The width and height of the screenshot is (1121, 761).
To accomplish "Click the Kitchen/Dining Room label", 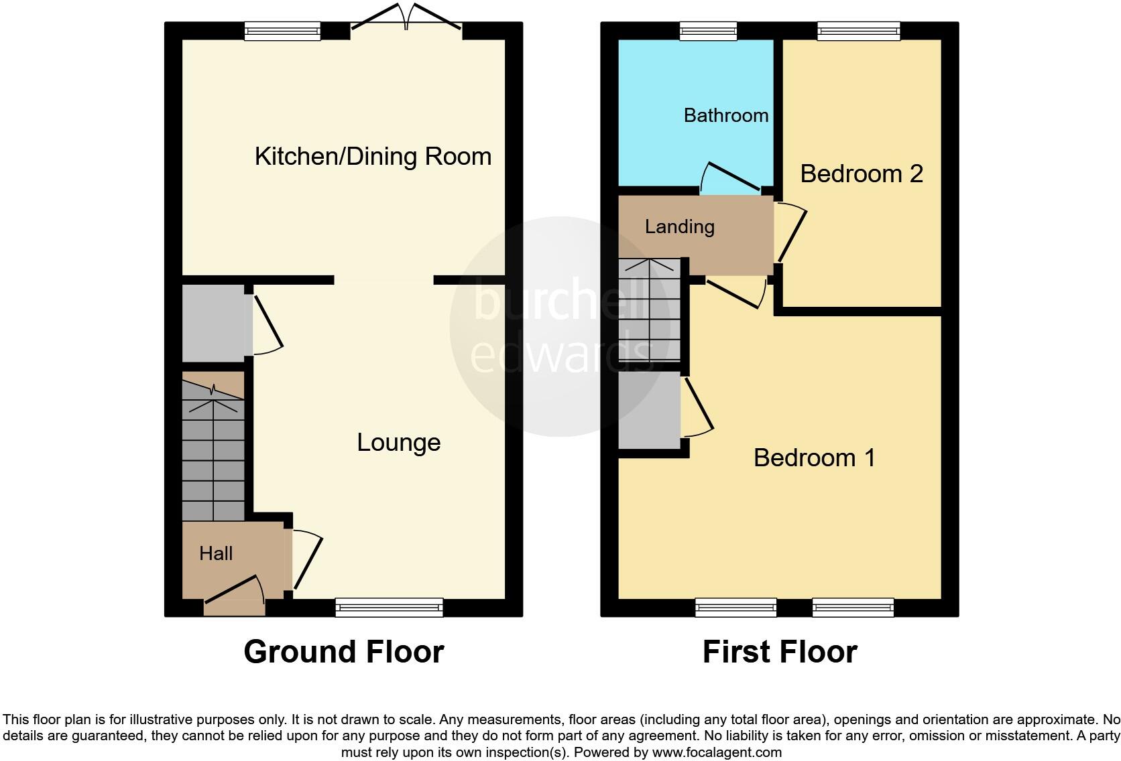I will coord(373,157).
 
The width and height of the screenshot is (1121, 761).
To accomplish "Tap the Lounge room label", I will coord(398,442).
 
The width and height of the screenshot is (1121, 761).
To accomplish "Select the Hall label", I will coord(216,553).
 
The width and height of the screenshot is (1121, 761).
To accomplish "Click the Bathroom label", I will coord(725,115).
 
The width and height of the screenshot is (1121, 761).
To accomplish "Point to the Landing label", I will coord(679,226).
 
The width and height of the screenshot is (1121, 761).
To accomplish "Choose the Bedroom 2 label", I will coord(862,174).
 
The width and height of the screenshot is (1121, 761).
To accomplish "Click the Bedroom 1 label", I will coord(814,458).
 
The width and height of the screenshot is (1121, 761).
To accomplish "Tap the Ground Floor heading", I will coord(343,652).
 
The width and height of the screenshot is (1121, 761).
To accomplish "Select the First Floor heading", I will coord(780,652).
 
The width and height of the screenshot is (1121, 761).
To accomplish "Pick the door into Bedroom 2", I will coord(791,234).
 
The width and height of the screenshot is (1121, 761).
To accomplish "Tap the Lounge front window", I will coord(390,607).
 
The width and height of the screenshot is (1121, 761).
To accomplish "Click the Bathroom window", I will coord(708,30).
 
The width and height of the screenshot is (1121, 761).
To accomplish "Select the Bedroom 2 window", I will coord(858,30).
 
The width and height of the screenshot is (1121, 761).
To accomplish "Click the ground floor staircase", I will coord(213,456).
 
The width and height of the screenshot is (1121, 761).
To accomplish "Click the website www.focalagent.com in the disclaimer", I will coord(717,752).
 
